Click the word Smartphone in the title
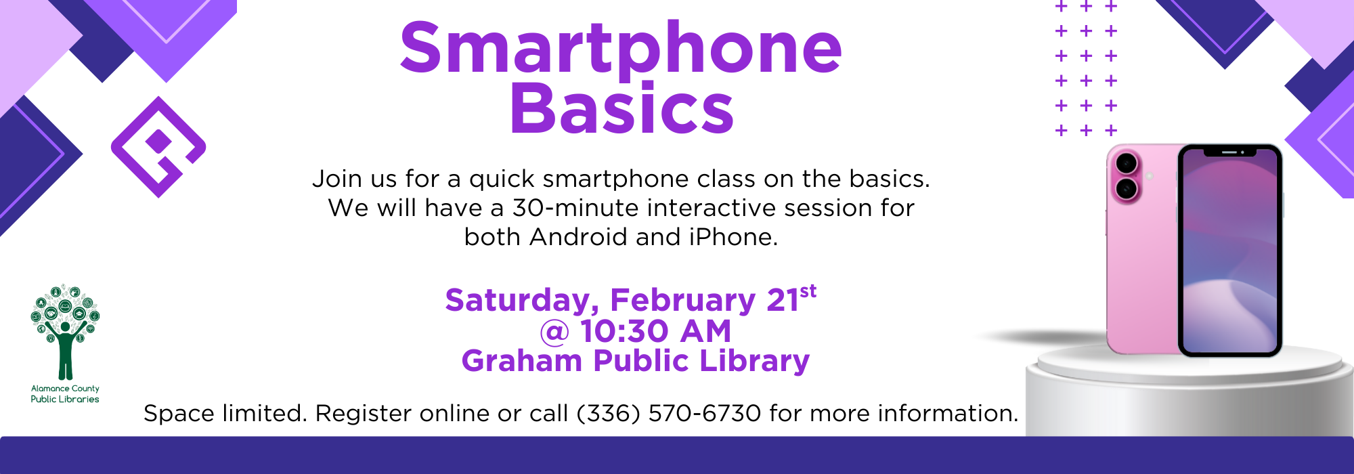click(x=621, y=49)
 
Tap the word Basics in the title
click(x=621, y=108)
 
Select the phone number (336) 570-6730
click(x=669, y=413)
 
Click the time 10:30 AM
click(x=655, y=331)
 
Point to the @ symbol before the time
click(x=554, y=332)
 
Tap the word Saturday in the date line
click(x=522, y=301)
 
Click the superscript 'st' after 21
click(x=808, y=291)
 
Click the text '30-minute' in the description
click(x=576, y=208)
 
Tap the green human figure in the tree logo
click(x=65, y=349)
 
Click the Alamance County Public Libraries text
click(x=65, y=394)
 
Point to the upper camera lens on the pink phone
click(x=1126, y=163)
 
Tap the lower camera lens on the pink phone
click(x=1126, y=189)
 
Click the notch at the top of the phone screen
click(x=1230, y=152)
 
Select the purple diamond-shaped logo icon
click(x=158, y=147)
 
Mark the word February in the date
click(x=682, y=301)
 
